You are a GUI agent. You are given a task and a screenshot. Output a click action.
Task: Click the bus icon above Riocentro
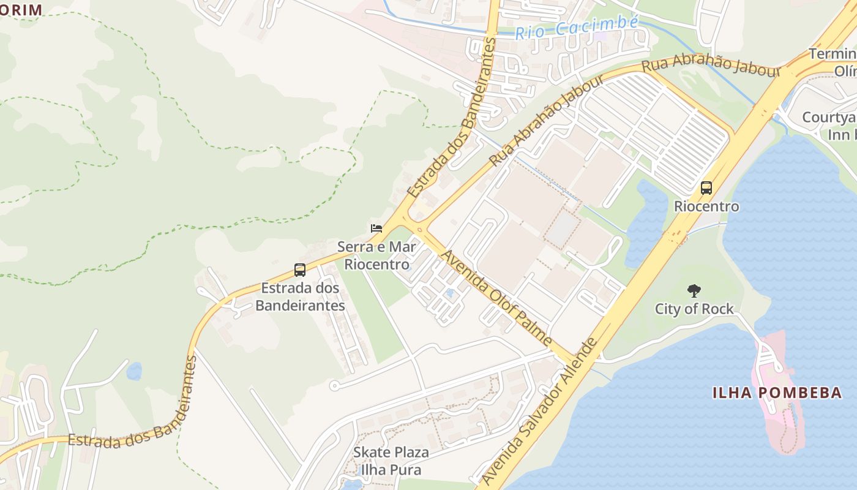(x=706, y=188)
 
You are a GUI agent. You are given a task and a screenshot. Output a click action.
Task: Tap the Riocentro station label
(x=706, y=206)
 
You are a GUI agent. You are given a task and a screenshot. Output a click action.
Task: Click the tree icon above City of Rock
(x=694, y=291)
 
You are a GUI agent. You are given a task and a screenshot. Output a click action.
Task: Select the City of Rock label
(x=694, y=309)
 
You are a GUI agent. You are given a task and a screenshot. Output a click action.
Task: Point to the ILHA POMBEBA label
(x=777, y=393)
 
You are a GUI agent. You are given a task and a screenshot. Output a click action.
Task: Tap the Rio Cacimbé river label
(x=576, y=28)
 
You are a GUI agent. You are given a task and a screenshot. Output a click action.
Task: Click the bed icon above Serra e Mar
(x=376, y=228)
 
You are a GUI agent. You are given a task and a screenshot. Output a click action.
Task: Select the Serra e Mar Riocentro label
(x=376, y=255)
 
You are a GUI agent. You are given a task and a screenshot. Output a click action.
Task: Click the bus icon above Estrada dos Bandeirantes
(x=300, y=269)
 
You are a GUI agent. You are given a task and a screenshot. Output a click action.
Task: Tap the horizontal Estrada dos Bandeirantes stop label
(x=300, y=296)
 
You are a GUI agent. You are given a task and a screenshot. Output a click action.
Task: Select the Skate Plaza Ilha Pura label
(x=391, y=461)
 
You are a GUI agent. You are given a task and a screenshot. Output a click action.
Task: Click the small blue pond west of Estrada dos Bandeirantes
(x=134, y=371)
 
